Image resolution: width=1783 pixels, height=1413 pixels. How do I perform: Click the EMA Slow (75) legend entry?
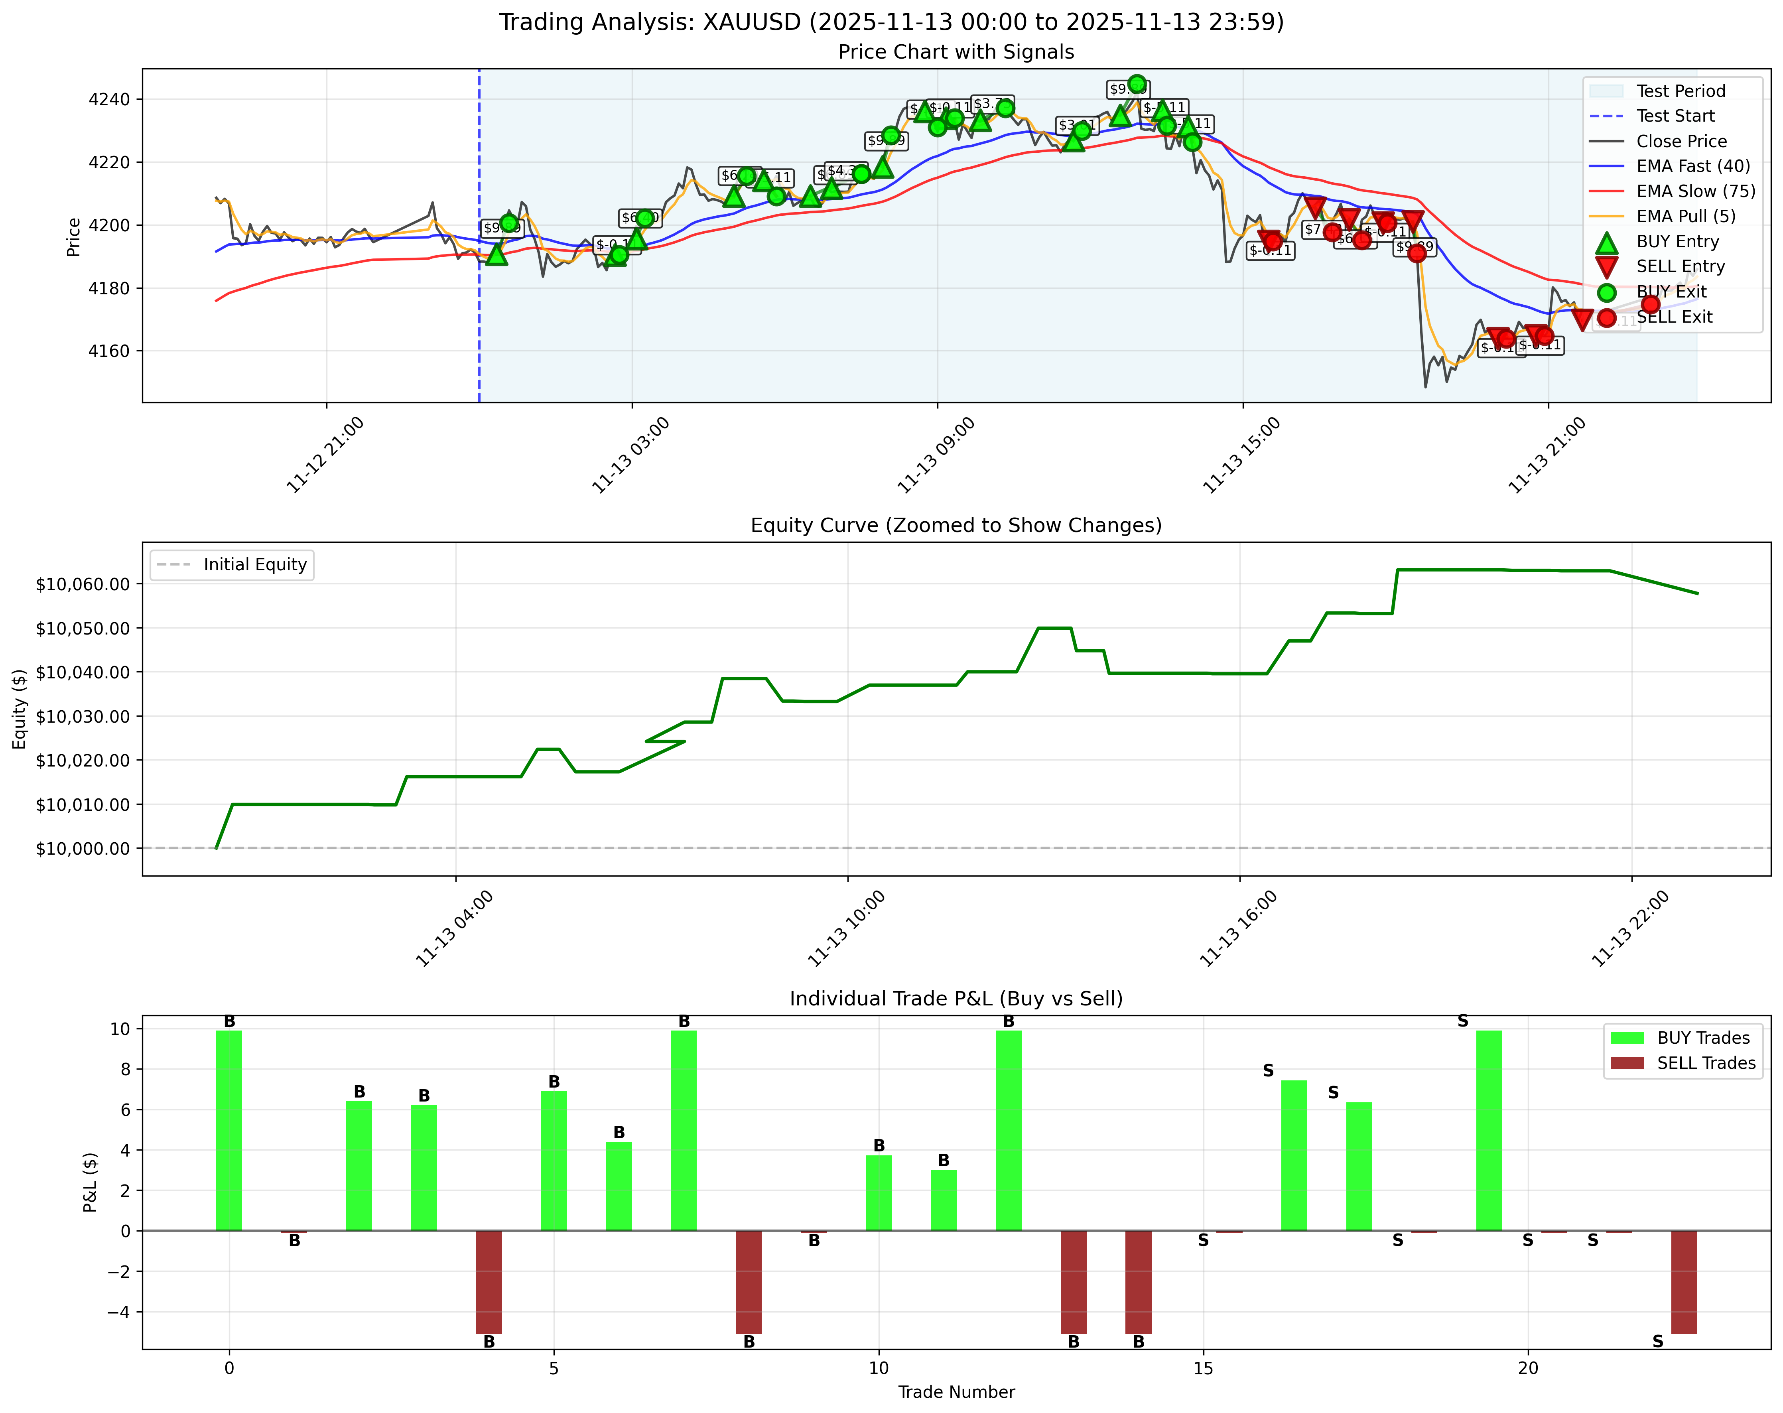tap(1695, 191)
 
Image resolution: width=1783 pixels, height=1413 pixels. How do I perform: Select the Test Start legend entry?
tap(1675, 116)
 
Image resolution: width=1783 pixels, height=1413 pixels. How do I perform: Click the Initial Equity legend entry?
tap(255, 565)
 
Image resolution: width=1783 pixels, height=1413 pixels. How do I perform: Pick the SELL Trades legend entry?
tap(1705, 1062)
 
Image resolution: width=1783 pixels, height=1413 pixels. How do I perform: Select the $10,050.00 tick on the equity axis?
tap(83, 629)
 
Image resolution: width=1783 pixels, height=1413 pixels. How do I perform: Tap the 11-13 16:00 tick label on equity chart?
tap(1239, 928)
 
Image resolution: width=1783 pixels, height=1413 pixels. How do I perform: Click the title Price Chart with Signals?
tap(956, 52)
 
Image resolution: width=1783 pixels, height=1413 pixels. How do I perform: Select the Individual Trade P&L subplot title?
tap(956, 999)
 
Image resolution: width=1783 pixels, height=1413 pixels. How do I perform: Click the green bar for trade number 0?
tap(229, 1130)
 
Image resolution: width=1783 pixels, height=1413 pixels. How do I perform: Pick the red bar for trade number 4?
tap(489, 1281)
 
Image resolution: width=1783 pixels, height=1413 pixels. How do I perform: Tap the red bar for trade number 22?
tap(1684, 1281)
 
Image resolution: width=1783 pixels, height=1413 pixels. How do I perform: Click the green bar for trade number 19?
tap(1489, 1130)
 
